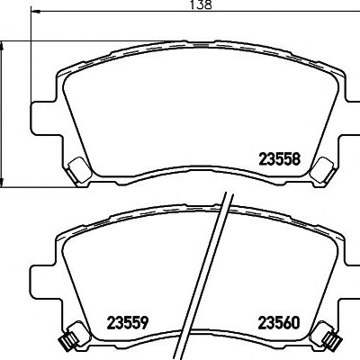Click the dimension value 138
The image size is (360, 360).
pyautogui.click(x=201, y=4)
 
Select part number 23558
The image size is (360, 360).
pyautogui.click(x=279, y=159)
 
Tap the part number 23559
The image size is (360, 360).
pyautogui.click(x=128, y=323)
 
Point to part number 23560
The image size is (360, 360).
pyautogui.click(x=279, y=323)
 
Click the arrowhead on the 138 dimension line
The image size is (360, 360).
pyautogui.click(x=36, y=12)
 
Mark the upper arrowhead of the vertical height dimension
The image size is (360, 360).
pyautogui.click(x=2, y=46)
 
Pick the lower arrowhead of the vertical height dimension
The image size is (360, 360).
pyautogui.click(x=2, y=182)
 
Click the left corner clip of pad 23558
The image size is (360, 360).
pyautogui.click(x=79, y=170)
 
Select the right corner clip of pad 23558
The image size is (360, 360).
pyautogui.click(x=322, y=170)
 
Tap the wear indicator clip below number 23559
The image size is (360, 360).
pyautogui.click(x=73, y=336)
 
